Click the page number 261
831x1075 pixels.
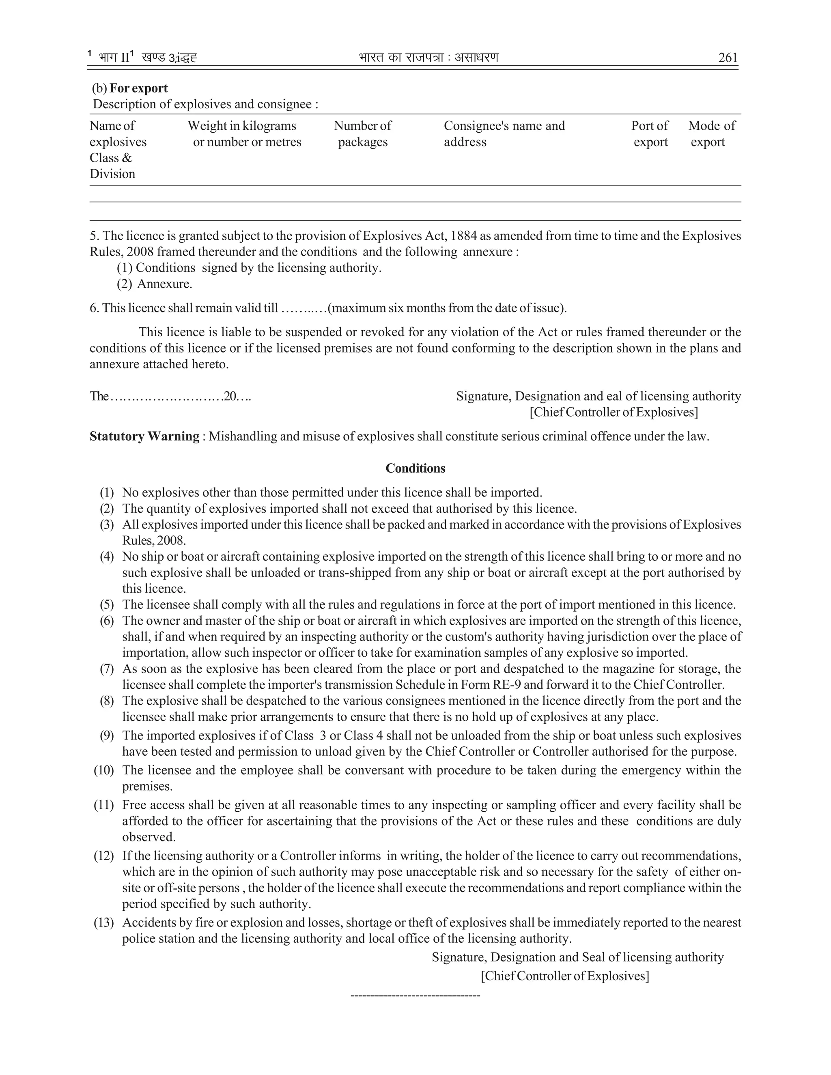(728, 58)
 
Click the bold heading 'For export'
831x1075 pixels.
(138, 88)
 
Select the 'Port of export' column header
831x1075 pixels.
(650, 133)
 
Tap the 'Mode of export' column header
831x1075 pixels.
(711, 133)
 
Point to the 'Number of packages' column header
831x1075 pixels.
(362, 133)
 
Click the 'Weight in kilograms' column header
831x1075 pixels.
(242, 126)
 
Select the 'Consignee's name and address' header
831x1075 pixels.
(504, 133)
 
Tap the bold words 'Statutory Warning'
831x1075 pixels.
(144, 436)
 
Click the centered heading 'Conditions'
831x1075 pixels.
(415, 468)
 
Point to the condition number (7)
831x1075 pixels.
(107, 669)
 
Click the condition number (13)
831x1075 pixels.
(104, 922)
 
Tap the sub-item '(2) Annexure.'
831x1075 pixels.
(154, 284)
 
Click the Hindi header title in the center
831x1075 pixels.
(429, 58)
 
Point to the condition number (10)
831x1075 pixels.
(104, 770)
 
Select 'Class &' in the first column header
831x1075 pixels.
(110, 158)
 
